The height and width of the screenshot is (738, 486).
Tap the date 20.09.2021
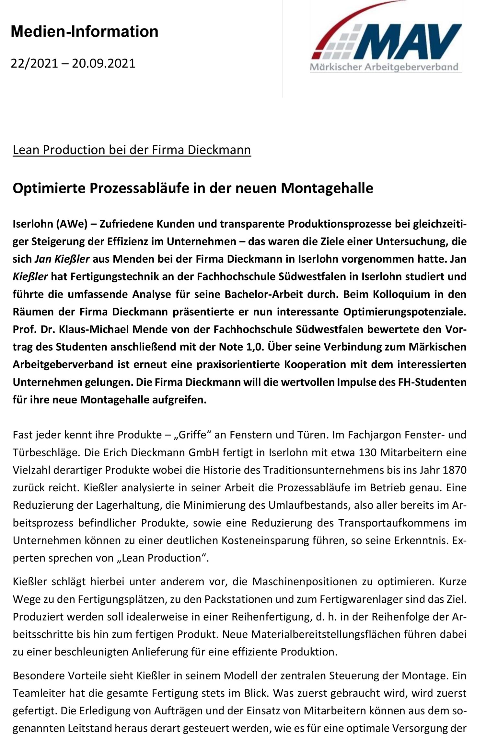pos(103,63)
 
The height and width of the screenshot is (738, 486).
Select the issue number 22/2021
pos(34,63)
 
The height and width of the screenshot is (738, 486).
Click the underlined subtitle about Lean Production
pos(132,150)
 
